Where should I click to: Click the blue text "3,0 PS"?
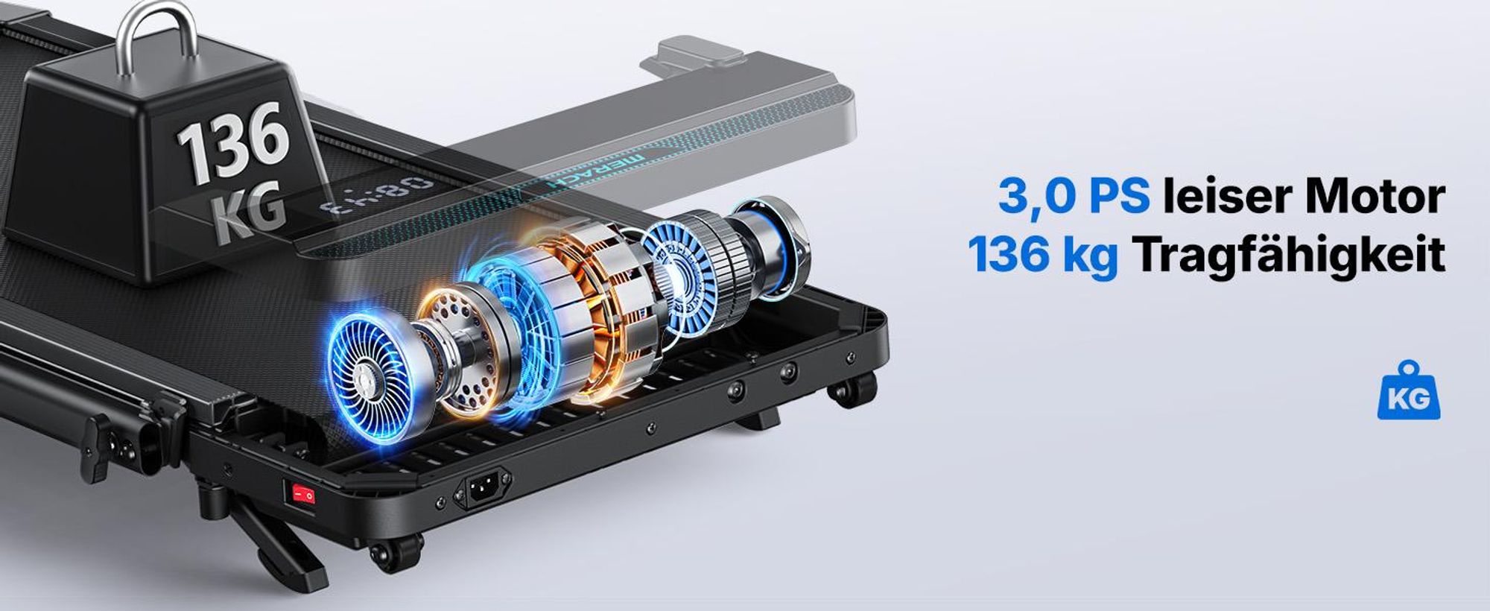(1074, 196)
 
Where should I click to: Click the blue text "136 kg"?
(1043, 256)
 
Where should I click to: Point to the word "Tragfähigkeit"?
(1289, 256)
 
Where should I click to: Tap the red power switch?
(302, 493)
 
